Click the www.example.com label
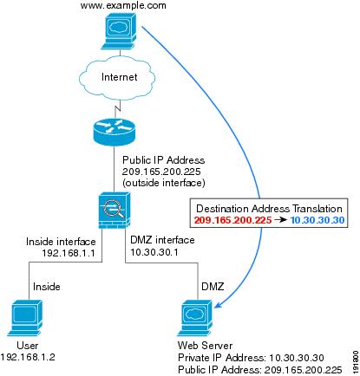point(123,5)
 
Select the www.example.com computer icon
point(119,31)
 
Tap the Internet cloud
point(117,77)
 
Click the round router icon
point(115,131)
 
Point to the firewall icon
point(115,211)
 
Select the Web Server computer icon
point(194,318)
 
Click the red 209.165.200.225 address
point(233,220)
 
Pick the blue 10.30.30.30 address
point(317,220)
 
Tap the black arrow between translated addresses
point(280,220)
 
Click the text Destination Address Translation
point(269,209)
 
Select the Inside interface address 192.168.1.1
point(69,253)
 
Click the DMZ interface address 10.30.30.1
point(154,252)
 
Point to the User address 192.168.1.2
point(28,357)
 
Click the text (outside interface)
point(164,183)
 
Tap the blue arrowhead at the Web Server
point(218,304)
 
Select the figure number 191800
point(356,362)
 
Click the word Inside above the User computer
point(47,287)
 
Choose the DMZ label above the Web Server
point(213,287)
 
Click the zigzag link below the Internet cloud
point(117,109)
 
